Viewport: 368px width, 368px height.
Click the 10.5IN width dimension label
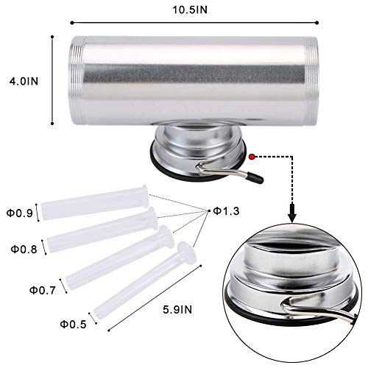[190, 10]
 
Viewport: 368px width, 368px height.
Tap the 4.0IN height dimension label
[24, 81]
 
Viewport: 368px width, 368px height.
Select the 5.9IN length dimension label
[177, 310]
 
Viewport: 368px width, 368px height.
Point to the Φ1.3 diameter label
[226, 211]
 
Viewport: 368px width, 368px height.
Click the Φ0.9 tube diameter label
[20, 213]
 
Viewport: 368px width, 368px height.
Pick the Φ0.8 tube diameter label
[24, 250]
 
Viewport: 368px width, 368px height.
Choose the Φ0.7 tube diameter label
[43, 290]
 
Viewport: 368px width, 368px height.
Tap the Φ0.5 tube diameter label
[74, 325]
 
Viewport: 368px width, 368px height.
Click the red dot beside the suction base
[252, 157]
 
